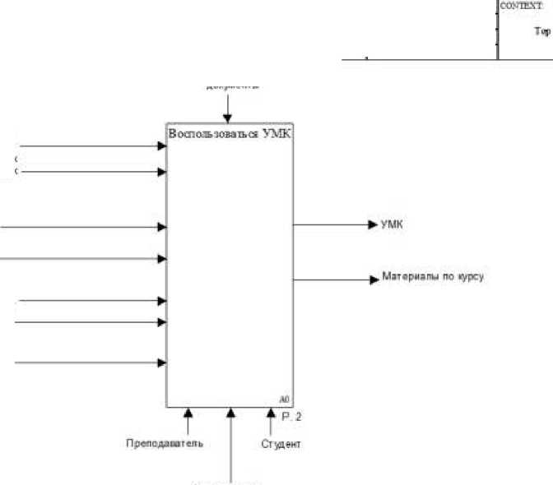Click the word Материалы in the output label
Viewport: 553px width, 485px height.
coord(405,278)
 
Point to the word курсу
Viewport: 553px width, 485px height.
coord(470,278)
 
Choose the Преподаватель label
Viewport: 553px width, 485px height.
coord(165,445)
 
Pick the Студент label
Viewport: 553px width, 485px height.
coord(281,445)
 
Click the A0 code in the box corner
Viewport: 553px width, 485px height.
coord(284,399)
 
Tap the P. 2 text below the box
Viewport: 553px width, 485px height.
coord(292,417)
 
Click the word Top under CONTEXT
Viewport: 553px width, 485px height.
coord(542,32)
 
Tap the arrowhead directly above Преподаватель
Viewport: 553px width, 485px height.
coord(188,412)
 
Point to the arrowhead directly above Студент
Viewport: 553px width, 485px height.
coord(271,412)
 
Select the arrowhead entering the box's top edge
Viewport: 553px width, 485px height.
coord(228,120)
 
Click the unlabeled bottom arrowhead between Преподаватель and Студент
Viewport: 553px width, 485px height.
coord(231,412)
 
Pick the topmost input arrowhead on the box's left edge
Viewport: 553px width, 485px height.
coord(162,146)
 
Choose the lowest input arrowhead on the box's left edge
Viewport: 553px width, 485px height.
coord(162,362)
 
